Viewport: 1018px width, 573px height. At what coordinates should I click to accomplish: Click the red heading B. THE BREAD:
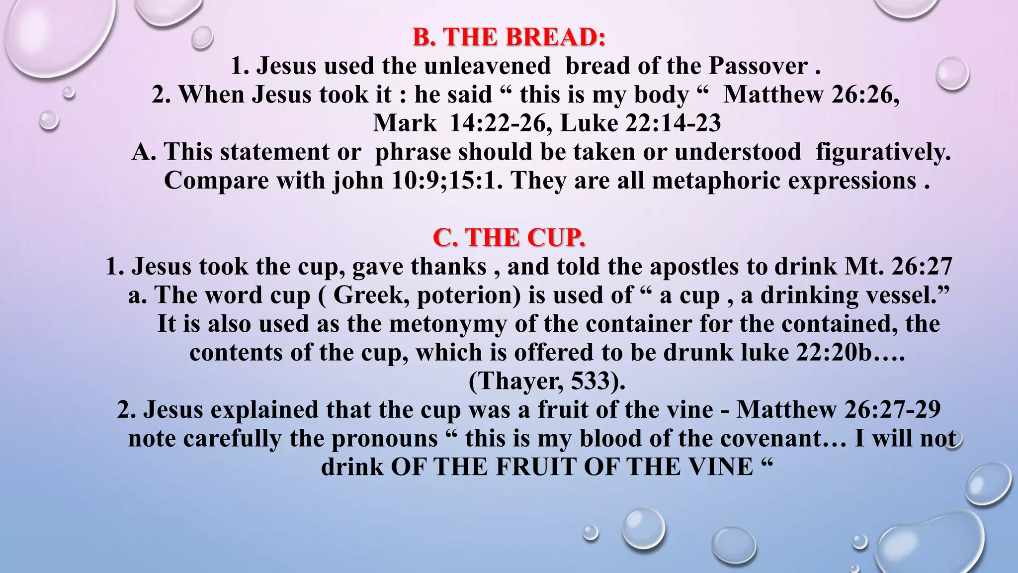(509, 37)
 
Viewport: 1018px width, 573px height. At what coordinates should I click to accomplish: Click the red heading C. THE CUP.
(509, 238)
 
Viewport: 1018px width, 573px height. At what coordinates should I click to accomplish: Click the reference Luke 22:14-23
(640, 123)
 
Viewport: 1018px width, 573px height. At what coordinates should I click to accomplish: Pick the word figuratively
(883, 152)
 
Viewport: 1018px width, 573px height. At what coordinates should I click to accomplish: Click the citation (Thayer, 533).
(547, 382)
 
